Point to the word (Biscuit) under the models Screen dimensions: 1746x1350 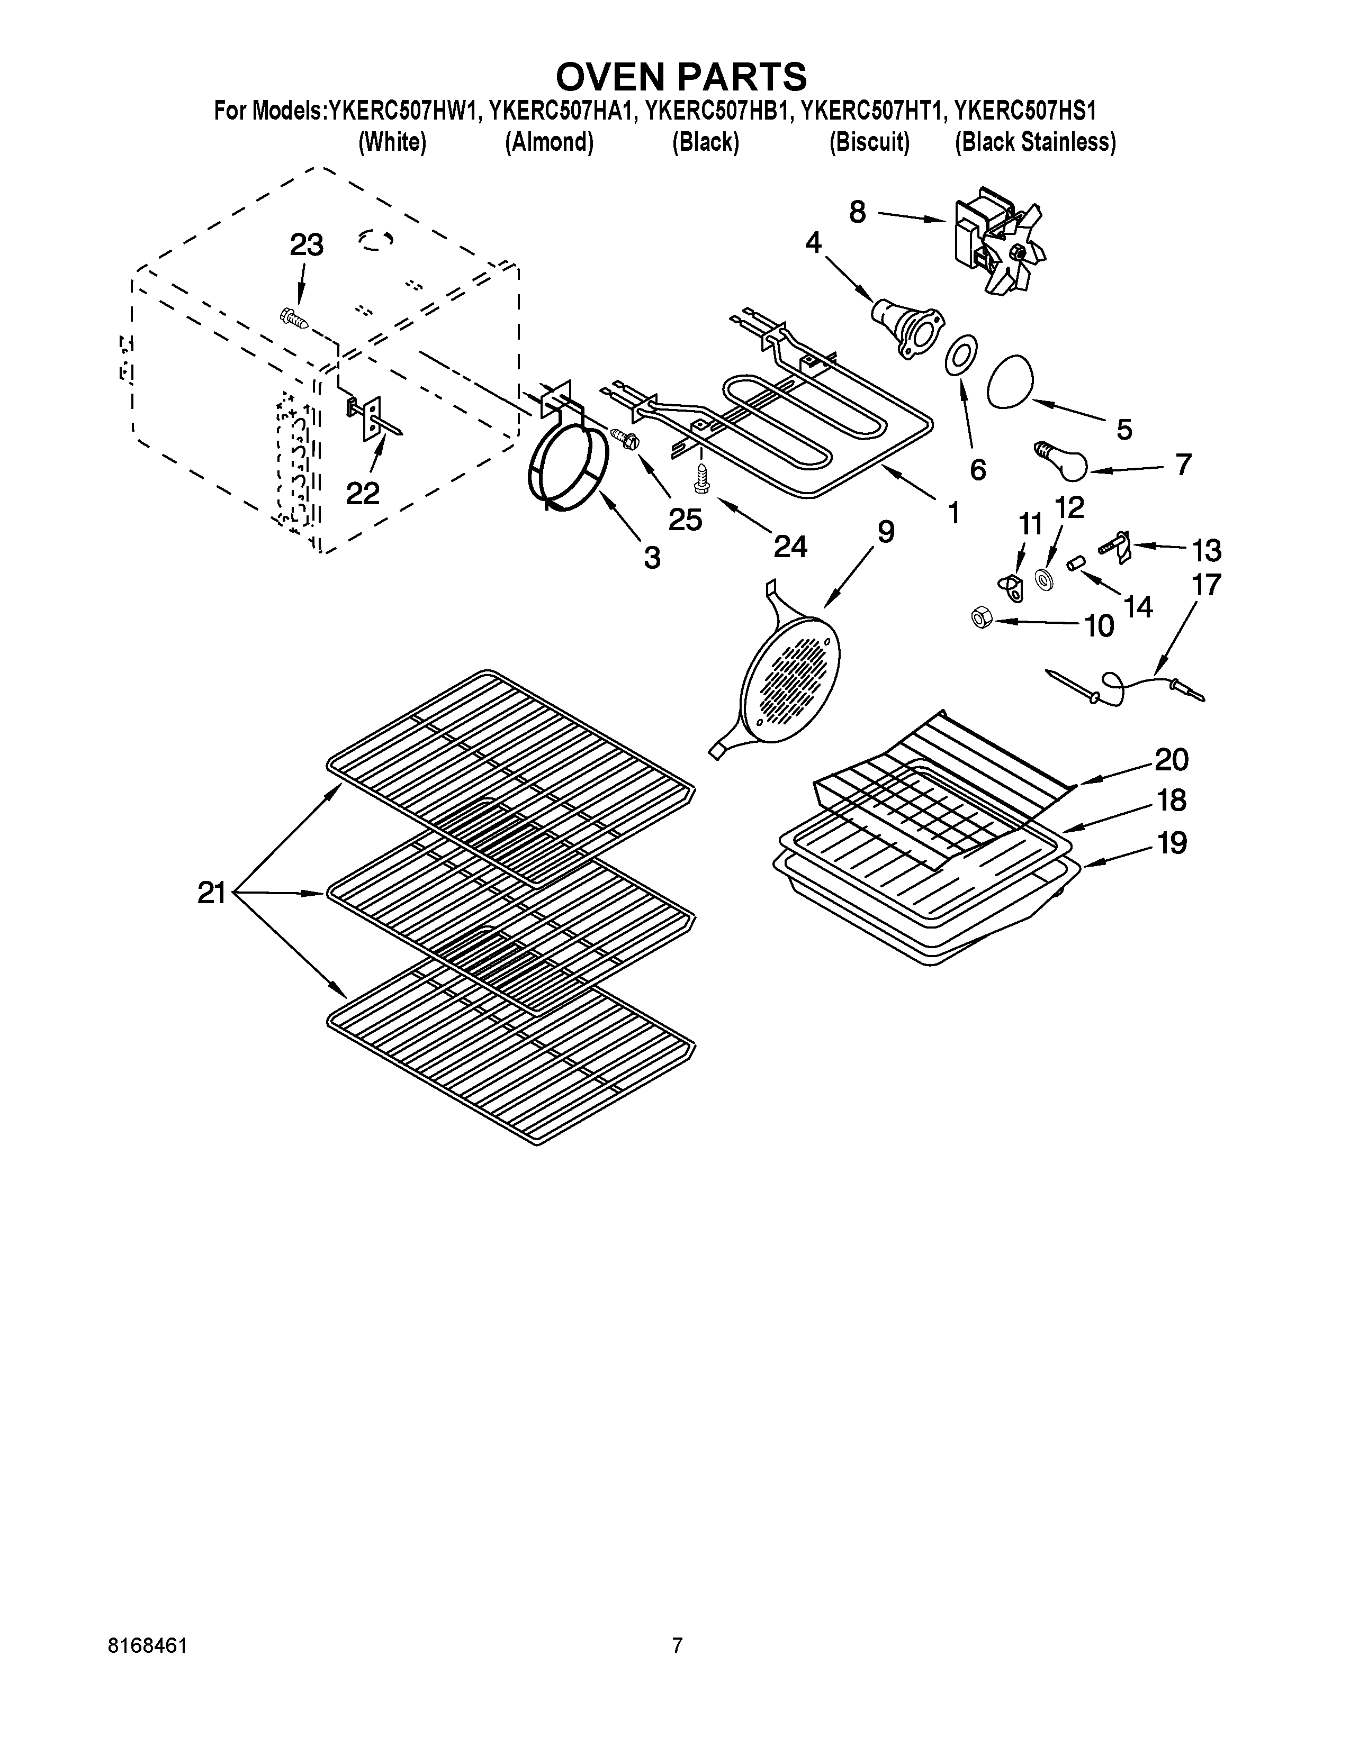869,142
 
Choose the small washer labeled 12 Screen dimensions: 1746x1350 1043,579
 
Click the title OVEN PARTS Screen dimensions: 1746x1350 681,77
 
